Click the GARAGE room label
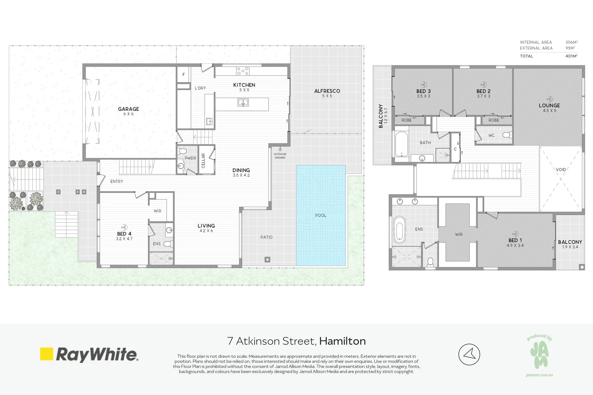[x=128, y=109]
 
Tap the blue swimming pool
[x=321, y=215]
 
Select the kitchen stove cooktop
[x=243, y=71]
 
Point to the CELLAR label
[x=203, y=161]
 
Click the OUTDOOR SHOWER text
[x=280, y=156]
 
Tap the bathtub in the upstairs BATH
[x=402, y=144]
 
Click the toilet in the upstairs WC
[x=507, y=135]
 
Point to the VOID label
[x=561, y=169]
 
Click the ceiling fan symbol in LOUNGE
[x=549, y=99]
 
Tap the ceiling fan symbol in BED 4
[x=124, y=227]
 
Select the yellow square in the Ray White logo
[x=47, y=354]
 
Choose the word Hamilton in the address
[x=342, y=341]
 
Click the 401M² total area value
[x=571, y=56]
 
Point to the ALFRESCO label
[x=327, y=91]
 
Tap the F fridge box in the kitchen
[x=184, y=74]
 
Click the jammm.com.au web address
[x=539, y=375]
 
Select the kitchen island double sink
[x=243, y=103]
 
